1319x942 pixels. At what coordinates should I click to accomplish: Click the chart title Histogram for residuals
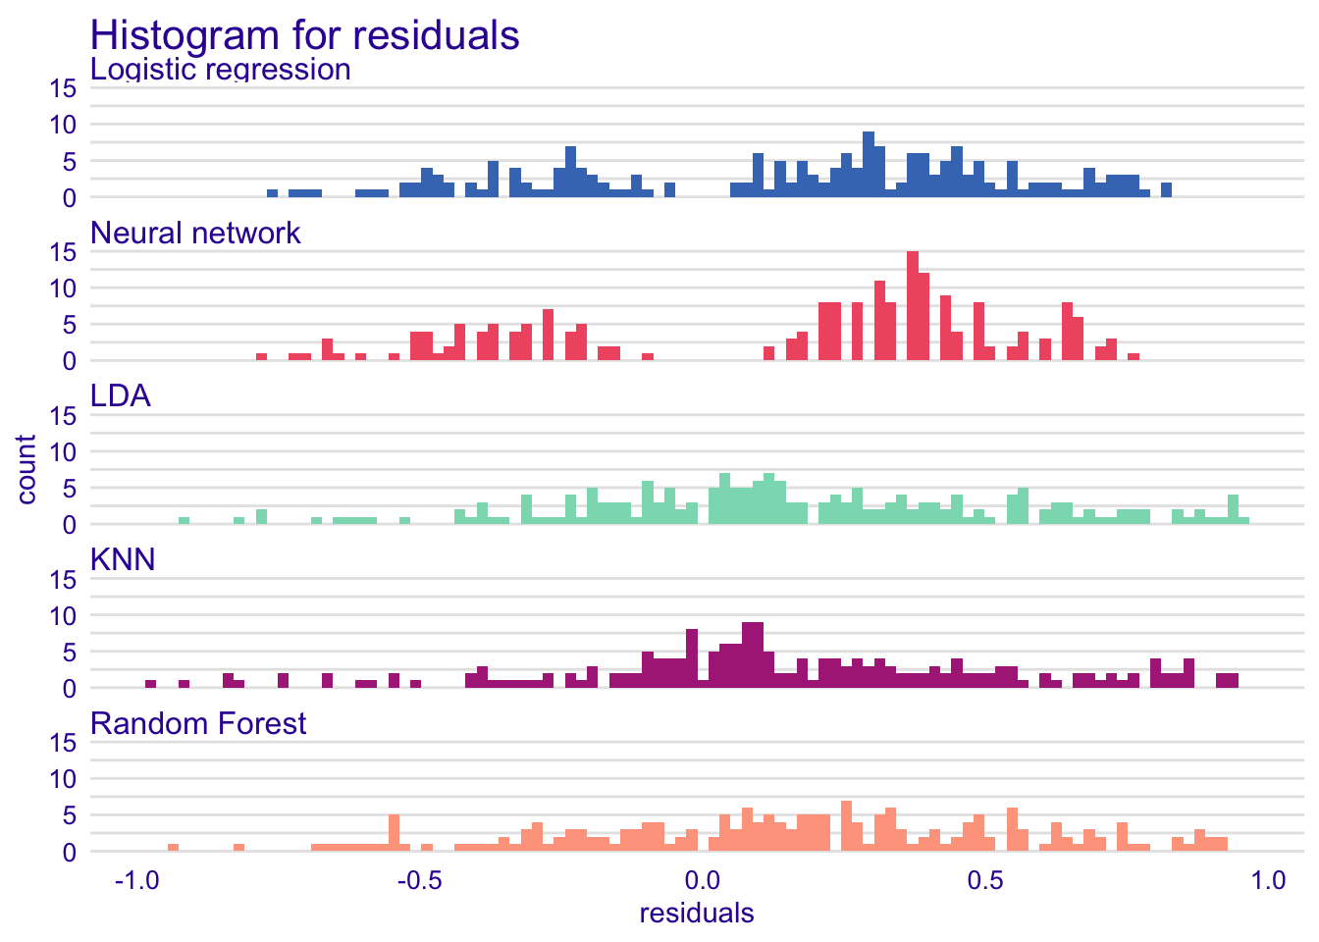pos(304,35)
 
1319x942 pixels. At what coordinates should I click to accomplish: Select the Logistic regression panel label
pos(221,71)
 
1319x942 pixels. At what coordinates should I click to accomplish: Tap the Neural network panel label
pos(195,234)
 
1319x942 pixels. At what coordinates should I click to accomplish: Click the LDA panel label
pos(121,396)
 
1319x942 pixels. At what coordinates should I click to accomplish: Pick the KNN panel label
pos(123,560)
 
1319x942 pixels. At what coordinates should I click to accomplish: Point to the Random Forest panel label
pos(198,724)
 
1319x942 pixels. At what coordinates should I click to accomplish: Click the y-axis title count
pos(26,470)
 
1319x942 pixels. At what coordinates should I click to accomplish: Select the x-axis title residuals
pos(697,915)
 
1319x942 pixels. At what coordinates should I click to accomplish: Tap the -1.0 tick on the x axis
pos(135,880)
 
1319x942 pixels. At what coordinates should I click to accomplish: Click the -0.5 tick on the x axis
pos(417,880)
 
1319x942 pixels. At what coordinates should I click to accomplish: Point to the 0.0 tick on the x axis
pos(698,880)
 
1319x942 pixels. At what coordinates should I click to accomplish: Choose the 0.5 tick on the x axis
pos(985,880)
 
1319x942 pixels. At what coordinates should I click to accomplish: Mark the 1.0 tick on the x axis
pos(1268,880)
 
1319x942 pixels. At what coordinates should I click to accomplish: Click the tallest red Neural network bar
pos(913,306)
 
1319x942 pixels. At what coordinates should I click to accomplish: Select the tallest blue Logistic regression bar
pos(869,165)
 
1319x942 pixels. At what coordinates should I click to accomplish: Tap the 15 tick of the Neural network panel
pos(63,252)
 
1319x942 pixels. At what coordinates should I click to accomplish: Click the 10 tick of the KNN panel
pos(63,616)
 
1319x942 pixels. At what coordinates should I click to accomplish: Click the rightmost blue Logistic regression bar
pos(1167,190)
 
